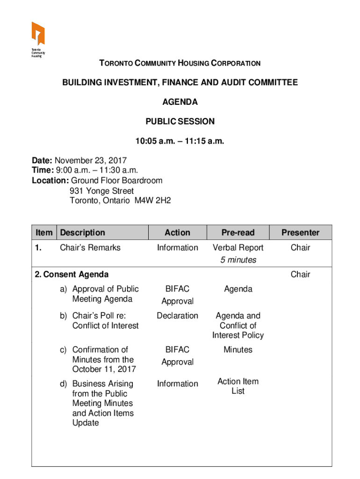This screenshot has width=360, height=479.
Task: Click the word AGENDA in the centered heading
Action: (x=180, y=102)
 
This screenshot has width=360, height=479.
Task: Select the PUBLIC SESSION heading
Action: (x=180, y=122)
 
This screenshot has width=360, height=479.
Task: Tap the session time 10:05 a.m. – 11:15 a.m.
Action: (x=180, y=141)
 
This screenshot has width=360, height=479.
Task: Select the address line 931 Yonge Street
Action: (x=101, y=191)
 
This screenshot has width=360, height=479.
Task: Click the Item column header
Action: (x=44, y=232)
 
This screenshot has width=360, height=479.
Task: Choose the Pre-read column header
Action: (x=238, y=232)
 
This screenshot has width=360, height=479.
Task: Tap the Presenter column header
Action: (x=300, y=232)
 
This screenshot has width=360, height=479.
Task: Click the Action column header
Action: (x=178, y=232)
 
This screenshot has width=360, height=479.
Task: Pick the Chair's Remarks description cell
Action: (x=90, y=247)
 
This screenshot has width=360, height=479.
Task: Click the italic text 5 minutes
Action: (x=238, y=260)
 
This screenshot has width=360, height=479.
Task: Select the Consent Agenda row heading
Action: (x=72, y=275)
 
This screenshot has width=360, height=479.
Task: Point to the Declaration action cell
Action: (x=178, y=316)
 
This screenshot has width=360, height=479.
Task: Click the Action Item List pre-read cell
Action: (x=238, y=386)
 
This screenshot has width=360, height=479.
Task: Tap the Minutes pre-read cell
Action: (x=238, y=349)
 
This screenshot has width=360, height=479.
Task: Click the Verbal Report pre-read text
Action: (x=238, y=247)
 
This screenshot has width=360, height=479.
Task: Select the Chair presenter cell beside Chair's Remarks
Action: (x=300, y=247)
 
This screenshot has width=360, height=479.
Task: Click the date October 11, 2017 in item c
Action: (x=104, y=369)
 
